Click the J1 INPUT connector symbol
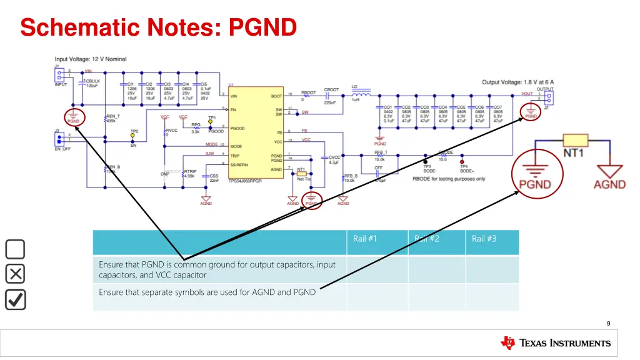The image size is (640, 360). pyautogui.click(x=59, y=76)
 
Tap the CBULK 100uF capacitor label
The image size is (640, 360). pyautogui.click(x=92, y=83)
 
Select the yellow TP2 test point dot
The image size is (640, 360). pyautogui.click(x=133, y=137)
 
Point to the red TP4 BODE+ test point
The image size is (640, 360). pyautogui.click(x=462, y=159)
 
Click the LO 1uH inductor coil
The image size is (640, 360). pyautogui.click(x=360, y=95)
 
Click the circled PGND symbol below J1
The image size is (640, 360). pyautogui.click(x=73, y=117)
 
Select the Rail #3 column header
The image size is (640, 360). pyautogui.click(x=484, y=238)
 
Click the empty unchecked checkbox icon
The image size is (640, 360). pyautogui.click(x=15, y=249)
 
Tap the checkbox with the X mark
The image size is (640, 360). pyautogui.click(x=15, y=274)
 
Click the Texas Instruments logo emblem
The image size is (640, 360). pyautogui.click(x=507, y=342)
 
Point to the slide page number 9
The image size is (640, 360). pyautogui.click(x=608, y=323)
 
